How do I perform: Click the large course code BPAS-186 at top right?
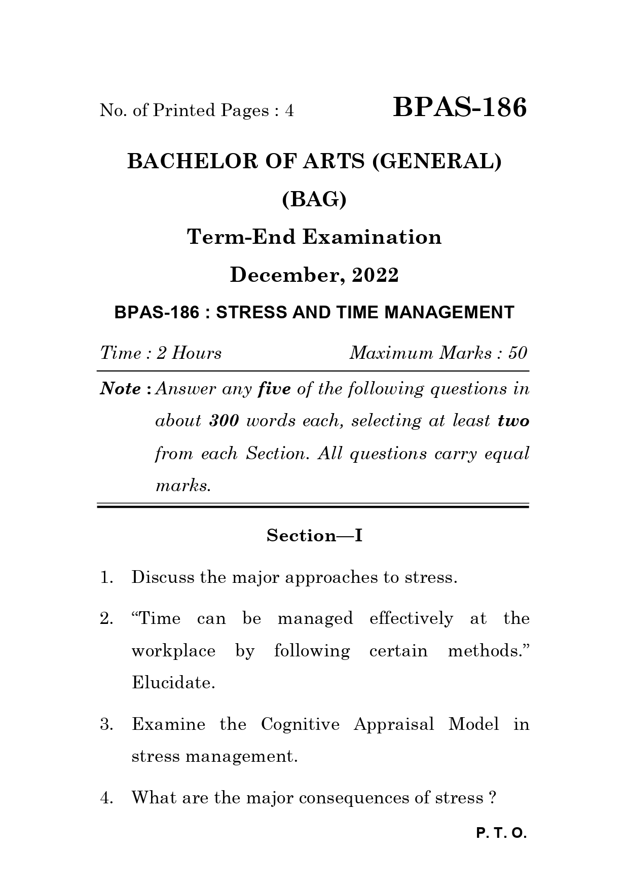[x=460, y=108]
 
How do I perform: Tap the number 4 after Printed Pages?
[x=289, y=110]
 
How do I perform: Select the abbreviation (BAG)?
[x=314, y=200]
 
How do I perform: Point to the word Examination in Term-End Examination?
[x=372, y=237]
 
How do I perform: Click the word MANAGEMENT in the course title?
[x=449, y=313]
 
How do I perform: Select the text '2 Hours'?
[x=189, y=353]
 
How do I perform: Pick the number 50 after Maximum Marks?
[x=518, y=353]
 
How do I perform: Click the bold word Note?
[x=121, y=389]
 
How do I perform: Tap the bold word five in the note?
[x=274, y=389]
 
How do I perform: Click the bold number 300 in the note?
[x=224, y=421]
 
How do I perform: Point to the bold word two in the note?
[x=513, y=421]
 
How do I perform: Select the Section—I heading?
[x=314, y=536]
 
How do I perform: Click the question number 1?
[x=105, y=578]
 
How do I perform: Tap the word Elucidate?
[x=173, y=683]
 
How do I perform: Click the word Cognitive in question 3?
[x=300, y=724]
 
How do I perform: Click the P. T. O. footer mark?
[x=502, y=833]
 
